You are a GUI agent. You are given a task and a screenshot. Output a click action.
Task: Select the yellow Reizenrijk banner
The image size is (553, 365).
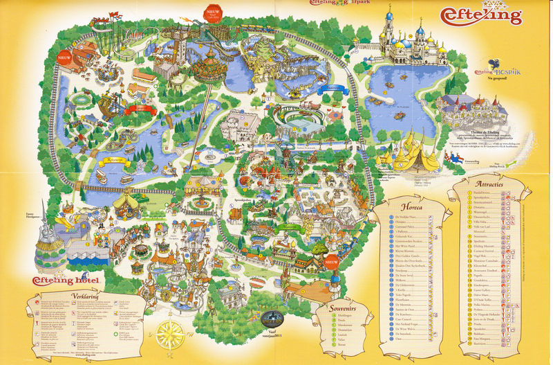(112, 159)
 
